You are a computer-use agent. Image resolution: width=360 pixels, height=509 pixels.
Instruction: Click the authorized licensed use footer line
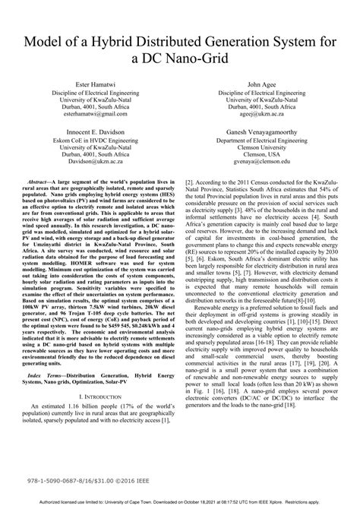click(x=180, y=503)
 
